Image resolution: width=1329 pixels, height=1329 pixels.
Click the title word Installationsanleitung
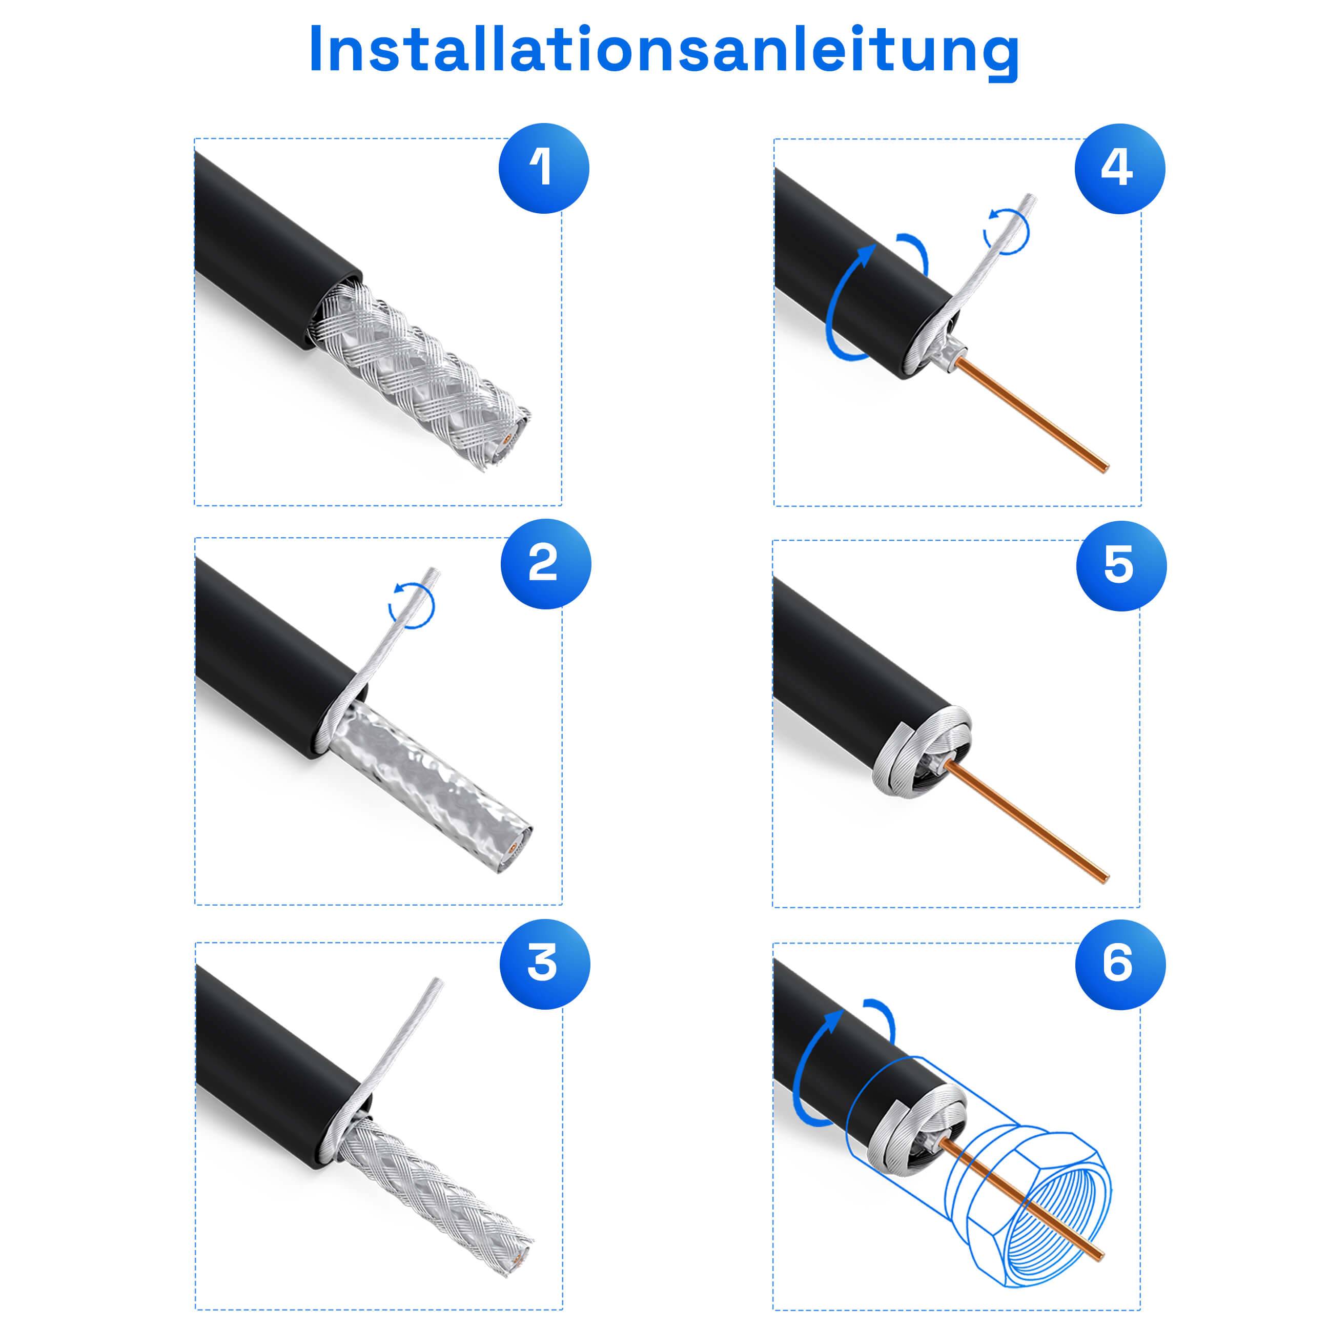[664, 50]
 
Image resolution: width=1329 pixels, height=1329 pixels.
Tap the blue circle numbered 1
[543, 169]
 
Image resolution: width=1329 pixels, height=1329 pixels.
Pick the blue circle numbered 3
[545, 964]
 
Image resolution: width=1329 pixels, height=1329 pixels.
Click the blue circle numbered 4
[1119, 169]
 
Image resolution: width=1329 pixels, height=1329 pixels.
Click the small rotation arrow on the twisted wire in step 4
[1007, 231]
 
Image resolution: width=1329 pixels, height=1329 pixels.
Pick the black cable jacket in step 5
[839, 660]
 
